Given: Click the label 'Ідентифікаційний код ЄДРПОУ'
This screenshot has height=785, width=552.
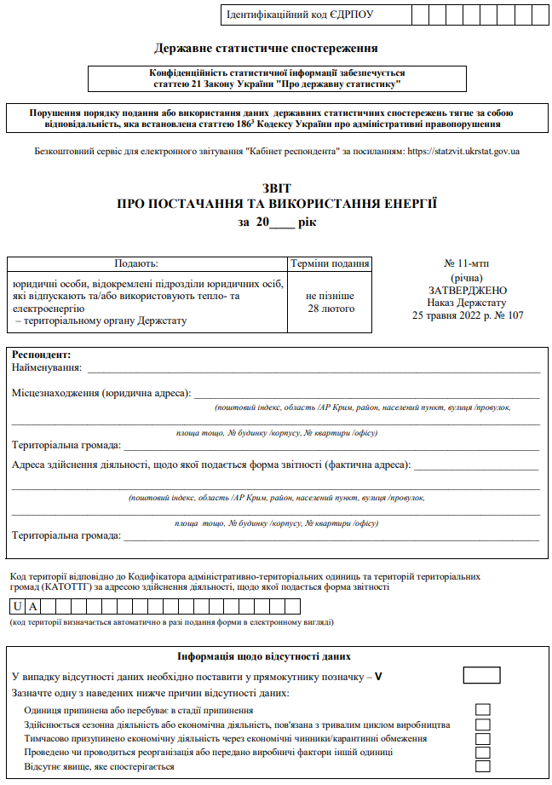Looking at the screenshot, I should point(301,14).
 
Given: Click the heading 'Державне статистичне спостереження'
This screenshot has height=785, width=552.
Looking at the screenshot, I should point(267,49).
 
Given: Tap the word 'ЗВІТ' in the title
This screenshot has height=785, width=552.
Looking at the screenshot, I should point(276,188).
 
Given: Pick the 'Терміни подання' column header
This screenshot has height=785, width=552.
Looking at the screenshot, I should point(331,264).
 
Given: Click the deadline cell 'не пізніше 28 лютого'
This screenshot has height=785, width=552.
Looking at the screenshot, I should point(331,302).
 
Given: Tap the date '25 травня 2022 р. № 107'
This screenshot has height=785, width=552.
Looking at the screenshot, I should point(468,315).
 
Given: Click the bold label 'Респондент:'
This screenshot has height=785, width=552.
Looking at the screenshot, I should point(41,354).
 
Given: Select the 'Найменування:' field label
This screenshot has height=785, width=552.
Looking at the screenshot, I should point(47,367).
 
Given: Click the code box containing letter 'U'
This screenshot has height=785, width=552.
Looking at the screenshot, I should point(17,606).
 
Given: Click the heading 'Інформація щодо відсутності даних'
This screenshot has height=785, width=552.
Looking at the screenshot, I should point(264,656).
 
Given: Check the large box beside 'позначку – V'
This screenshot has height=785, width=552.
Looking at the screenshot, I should point(481,676).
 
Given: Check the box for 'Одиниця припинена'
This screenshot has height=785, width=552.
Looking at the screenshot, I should point(482,709).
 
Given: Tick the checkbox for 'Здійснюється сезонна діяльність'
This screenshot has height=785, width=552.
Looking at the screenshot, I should point(482,724).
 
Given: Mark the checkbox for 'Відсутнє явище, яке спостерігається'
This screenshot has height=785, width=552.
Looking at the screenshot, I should point(482,766).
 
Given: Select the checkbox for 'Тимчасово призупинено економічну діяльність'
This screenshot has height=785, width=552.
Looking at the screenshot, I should point(482,738).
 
